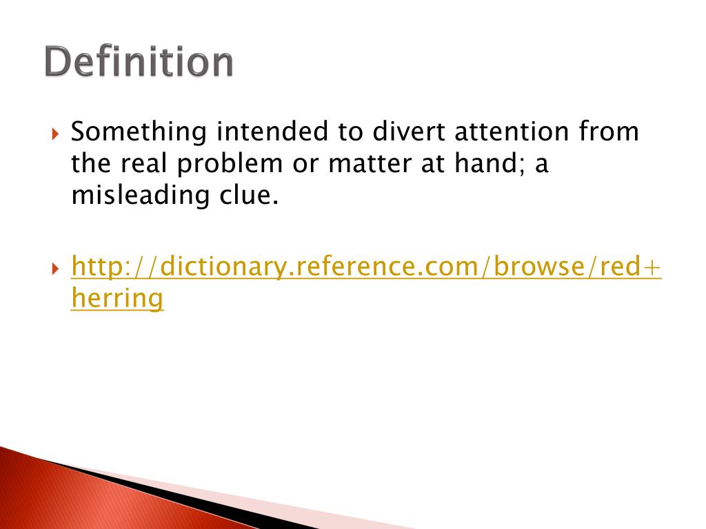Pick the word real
[145, 164]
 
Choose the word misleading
[139, 196]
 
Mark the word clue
[246, 196]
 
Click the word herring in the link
[117, 298]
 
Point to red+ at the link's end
[629, 266]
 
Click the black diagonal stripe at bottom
[172, 492]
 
